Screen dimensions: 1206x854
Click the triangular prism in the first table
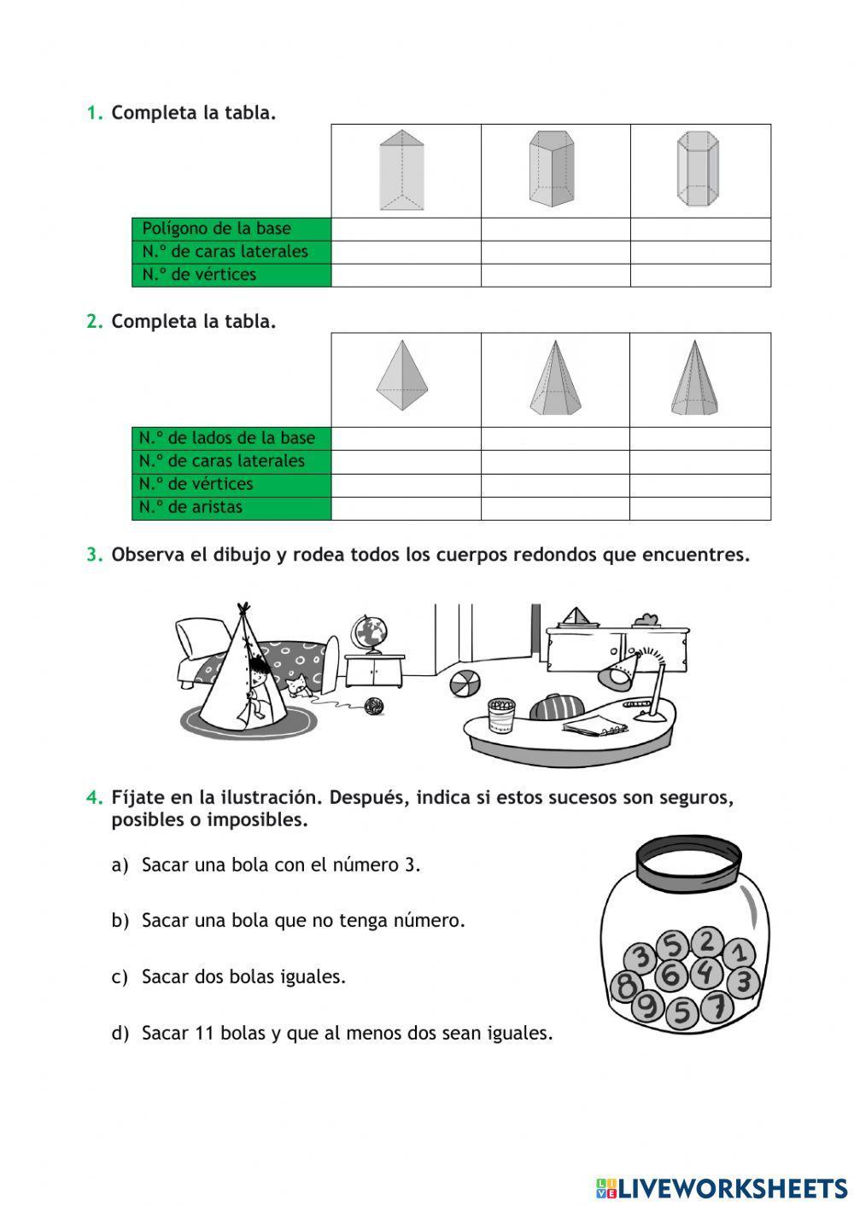click(x=401, y=170)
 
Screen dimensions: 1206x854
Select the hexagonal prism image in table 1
click(x=697, y=169)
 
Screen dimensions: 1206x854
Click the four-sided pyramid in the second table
click(x=401, y=376)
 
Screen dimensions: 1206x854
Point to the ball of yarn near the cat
click(x=374, y=706)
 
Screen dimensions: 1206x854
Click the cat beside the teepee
click(x=296, y=686)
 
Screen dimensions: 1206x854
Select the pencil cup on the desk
click(x=501, y=715)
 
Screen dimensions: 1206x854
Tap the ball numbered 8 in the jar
click(x=626, y=986)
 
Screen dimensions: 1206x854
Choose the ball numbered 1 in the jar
click(x=740, y=952)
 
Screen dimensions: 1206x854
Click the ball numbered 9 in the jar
click(x=649, y=1007)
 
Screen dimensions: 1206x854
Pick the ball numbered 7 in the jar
click(x=717, y=1007)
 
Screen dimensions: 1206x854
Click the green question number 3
click(x=94, y=555)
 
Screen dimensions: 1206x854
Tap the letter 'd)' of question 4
click(x=120, y=1034)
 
